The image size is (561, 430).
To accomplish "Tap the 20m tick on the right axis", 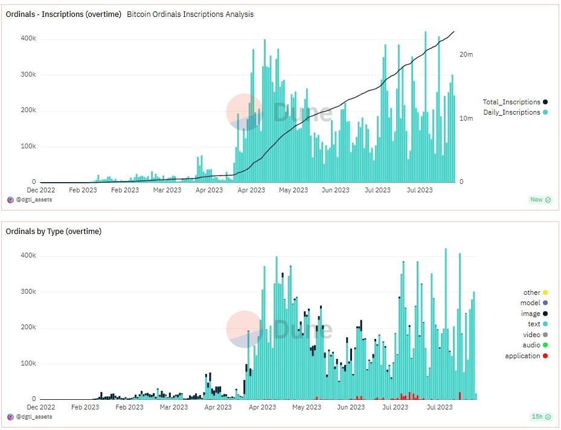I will pyautogui.click(x=466, y=54).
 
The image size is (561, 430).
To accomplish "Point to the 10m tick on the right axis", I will pyautogui.click(x=466, y=118).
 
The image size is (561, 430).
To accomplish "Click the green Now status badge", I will pyautogui.click(x=540, y=200).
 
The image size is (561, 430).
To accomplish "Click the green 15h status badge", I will pyautogui.click(x=540, y=417).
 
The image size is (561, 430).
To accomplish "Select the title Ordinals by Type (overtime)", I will pyautogui.click(x=54, y=231).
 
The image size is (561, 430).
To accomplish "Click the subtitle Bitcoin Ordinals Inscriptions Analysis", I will pyautogui.click(x=190, y=14).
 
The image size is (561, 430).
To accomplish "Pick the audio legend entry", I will pyautogui.click(x=531, y=345).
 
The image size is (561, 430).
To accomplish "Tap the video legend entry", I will pyautogui.click(x=531, y=335).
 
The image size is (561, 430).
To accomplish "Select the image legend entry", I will pyautogui.click(x=530, y=314).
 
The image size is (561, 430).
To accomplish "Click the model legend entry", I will pyautogui.click(x=530, y=303).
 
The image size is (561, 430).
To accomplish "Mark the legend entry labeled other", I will pyautogui.click(x=531, y=292).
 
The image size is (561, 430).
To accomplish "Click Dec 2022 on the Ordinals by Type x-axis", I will pyautogui.click(x=41, y=407).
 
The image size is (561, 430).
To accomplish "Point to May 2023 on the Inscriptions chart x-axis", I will pyautogui.click(x=293, y=190).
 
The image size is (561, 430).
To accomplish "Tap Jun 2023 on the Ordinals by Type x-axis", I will pyautogui.click(x=351, y=407).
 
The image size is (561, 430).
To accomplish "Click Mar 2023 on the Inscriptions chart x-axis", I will pyautogui.click(x=167, y=190).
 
